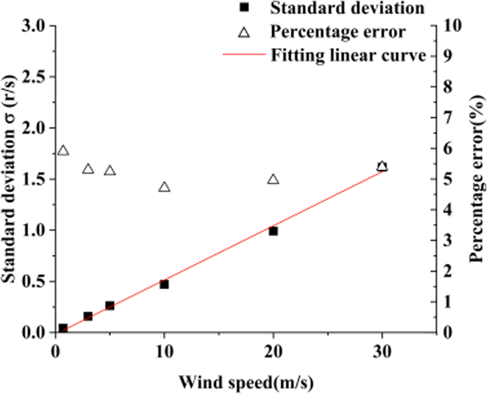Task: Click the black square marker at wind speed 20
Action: point(273,231)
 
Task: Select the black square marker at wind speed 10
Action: point(164,284)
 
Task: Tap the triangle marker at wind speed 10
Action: point(164,187)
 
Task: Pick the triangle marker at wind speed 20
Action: point(273,179)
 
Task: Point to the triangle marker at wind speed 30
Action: point(382,167)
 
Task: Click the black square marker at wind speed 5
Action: point(109,306)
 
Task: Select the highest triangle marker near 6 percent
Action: point(64,151)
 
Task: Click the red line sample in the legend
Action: point(244,55)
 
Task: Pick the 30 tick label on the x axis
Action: point(382,348)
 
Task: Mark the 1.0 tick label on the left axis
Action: point(35,230)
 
